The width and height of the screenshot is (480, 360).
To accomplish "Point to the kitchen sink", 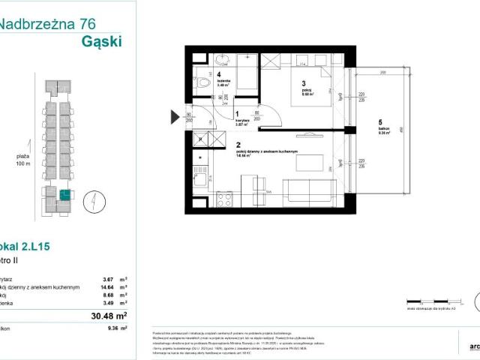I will (x=199, y=178).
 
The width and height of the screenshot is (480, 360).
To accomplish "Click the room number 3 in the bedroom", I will (x=303, y=83).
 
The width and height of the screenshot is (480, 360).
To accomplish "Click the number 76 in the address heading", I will (x=88, y=23).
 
